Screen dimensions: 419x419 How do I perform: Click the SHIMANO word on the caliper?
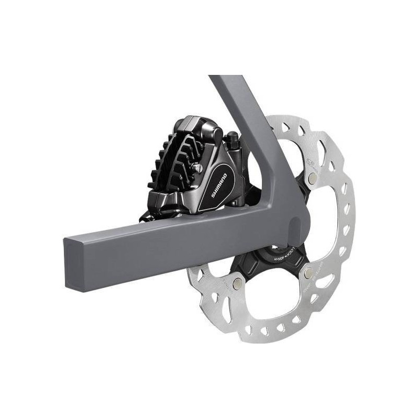pos(219,185)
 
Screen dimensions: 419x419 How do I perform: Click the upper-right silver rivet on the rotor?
pos(313,179)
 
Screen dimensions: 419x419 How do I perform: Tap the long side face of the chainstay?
pos(183,246)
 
